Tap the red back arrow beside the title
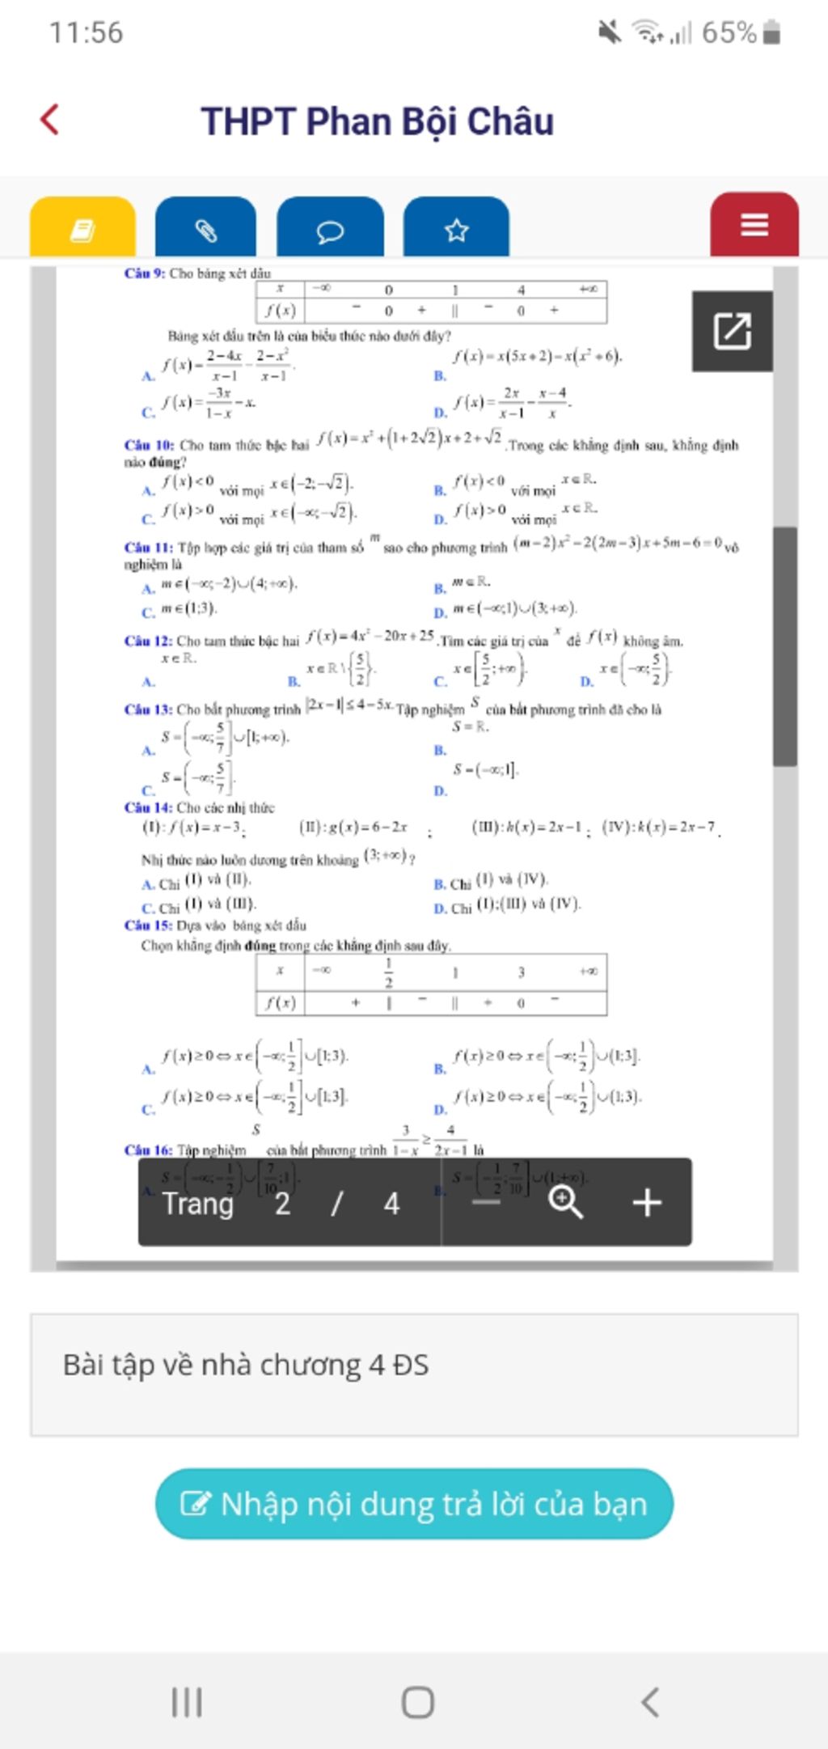(50, 120)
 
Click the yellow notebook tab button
(82, 229)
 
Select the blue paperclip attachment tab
(205, 229)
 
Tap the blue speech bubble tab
(330, 231)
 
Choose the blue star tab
(456, 230)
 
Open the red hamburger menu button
(754, 225)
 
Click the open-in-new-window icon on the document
(732, 331)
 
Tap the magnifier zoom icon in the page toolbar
(565, 1201)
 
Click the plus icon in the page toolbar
(647, 1202)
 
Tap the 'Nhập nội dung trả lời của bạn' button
(414, 1503)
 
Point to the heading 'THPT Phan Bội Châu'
(377, 121)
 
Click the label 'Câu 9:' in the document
(145, 273)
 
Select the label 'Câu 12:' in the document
(148, 641)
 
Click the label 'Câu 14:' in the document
(148, 807)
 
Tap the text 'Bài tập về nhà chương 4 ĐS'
(246, 1365)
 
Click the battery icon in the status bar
(772, 33)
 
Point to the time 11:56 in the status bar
(86, 33)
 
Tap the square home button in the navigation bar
(417, 1701)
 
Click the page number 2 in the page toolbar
(282, 1204)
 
